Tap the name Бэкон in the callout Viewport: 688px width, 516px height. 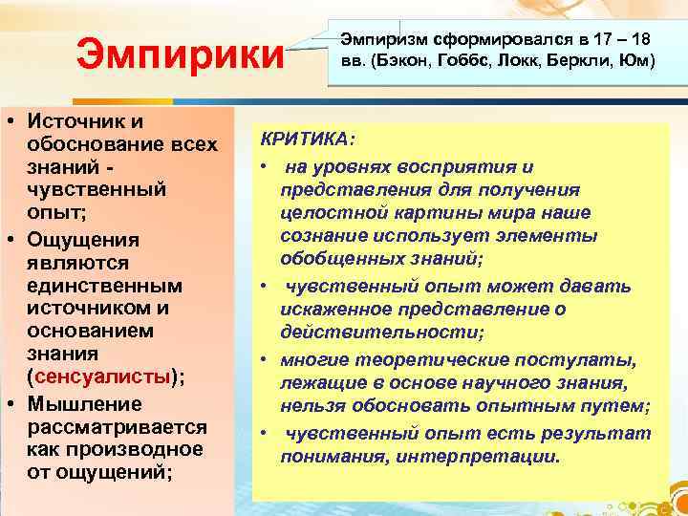(x=405, y=60)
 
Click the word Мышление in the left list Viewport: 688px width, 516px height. (x=84, y=402)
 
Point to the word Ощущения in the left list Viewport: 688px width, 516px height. (x=84, y=238)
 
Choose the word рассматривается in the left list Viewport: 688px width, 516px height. (x=117, y=425)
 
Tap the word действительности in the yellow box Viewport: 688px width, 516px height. (x=380, y=332)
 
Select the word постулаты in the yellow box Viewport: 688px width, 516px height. (x=589, y=358)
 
